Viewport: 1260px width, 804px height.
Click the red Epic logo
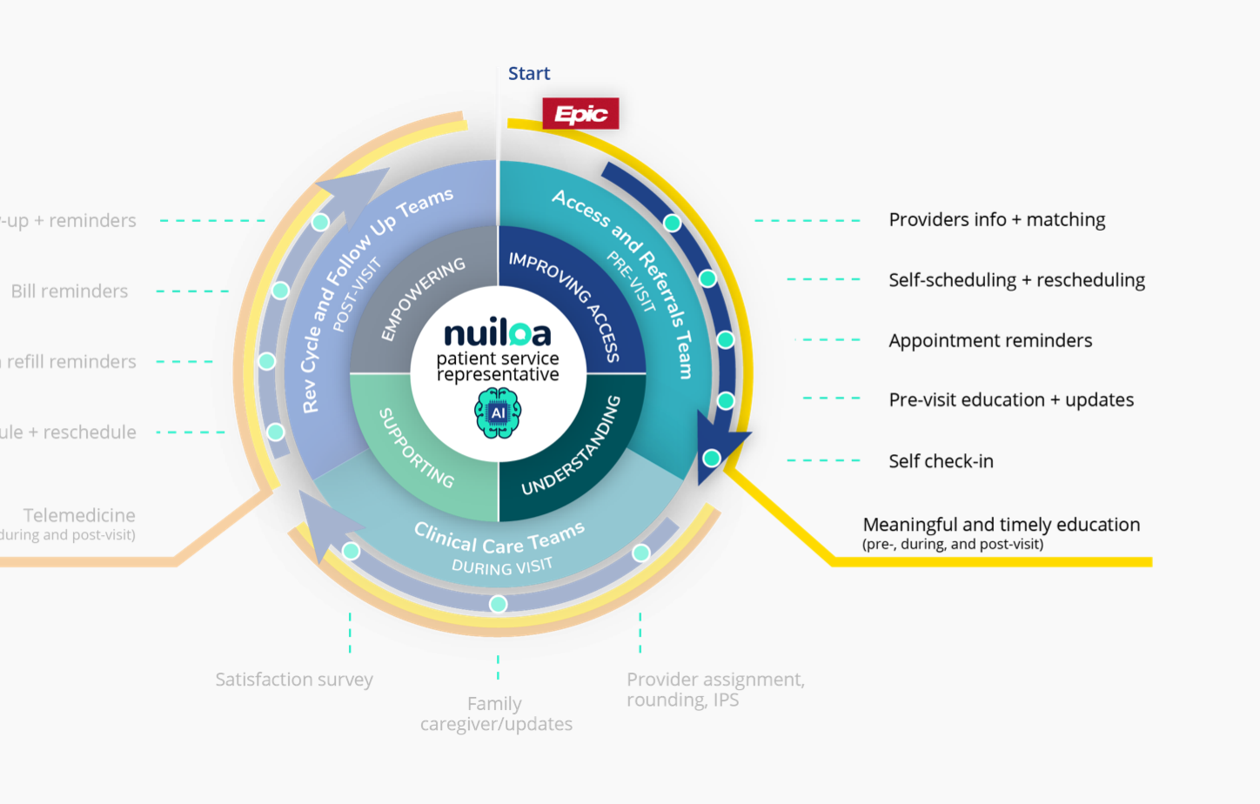pyautogui.click(x=580, y=114)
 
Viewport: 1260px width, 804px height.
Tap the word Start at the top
pyautogui.click(x=529, y=74)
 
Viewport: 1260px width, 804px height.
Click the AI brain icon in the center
pyautogui.click(x=498, y=413)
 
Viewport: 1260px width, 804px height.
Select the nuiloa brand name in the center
pyautogui.click(x=497, y=333)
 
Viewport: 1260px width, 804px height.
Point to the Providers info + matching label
pyautogui.click(x=996, y=220)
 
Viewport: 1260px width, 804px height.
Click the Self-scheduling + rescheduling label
pyautogui.click(x=1016, y=280)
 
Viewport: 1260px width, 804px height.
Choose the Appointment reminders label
pyautogui.click(x=990, y=341)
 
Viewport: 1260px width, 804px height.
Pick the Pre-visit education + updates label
pyautogui.click(x=1011, y=400)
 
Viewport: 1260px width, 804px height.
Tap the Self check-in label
pyautogui.click(x=941, y=462)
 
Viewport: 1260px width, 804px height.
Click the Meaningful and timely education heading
pyautogui.click(x=1001, y=525)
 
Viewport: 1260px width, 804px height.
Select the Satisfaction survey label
pyautogui.click(x=294, y=680)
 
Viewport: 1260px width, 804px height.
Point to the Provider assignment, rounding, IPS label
pyautogui.click(x=715, y=689)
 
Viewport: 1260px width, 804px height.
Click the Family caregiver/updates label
pyautogui.click(x=496, y=714)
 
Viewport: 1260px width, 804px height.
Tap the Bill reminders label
pyautogui.click(x=70, y=291)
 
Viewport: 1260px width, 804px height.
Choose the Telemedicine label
pyautogui.click(x=79, y=516)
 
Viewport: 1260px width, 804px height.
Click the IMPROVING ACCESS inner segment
pyautogui.click(x=566, y=305)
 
